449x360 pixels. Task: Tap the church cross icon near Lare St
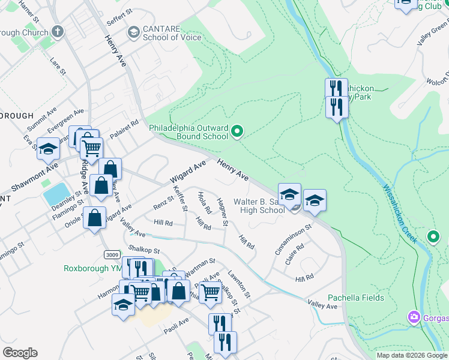57,31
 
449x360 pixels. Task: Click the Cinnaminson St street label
294,239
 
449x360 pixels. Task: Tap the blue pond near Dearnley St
56,193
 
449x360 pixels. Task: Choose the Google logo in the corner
20,353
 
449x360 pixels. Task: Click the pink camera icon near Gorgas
414,316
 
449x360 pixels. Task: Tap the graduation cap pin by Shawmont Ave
48,149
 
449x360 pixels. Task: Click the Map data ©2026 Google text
412,355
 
